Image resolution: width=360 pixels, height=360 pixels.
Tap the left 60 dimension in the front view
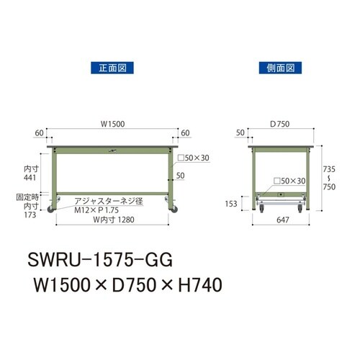pyautogui.click(x=37, y=132)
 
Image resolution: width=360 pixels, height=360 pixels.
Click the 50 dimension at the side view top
pyautogui.click(x=240, y=132)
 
